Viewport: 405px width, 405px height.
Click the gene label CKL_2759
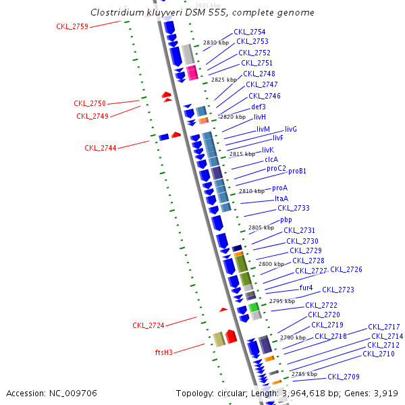point(72,26)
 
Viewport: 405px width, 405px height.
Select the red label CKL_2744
point(101,148)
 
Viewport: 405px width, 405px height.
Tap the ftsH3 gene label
point(164,352)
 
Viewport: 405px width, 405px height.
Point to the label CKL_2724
point(148,325)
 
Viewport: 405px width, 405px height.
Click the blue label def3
point(259,107)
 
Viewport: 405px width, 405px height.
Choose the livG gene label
point(291,129)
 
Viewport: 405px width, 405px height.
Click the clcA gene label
point(271,159)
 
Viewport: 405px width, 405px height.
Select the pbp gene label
point(286,220)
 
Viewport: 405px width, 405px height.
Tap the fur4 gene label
point(306,288)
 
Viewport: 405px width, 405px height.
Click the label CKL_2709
point(344,377)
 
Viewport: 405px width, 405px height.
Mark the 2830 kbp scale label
point(216,43)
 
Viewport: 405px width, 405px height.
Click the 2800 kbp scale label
point(271,264)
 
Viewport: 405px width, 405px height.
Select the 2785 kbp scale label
point(304,374)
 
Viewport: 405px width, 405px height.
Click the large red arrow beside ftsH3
point(231,336)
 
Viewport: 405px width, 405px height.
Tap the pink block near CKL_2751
point(192,73)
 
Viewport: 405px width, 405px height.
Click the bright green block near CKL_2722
point(254,307)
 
